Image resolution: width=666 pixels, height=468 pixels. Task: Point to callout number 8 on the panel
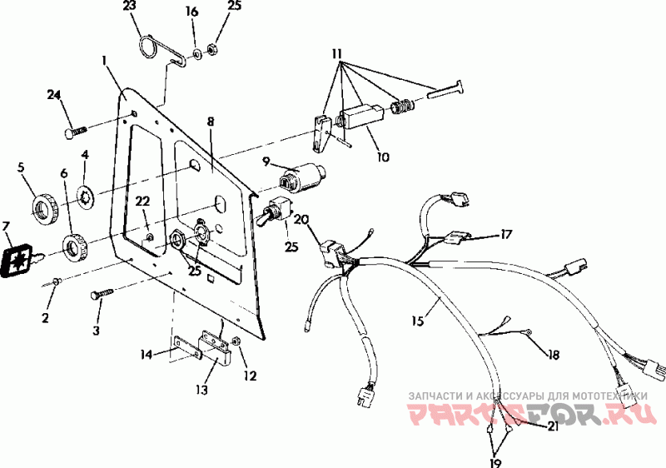(211, 122)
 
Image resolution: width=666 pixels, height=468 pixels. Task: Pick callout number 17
(506, 235)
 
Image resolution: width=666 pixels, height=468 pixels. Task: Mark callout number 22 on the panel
(142, 202)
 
